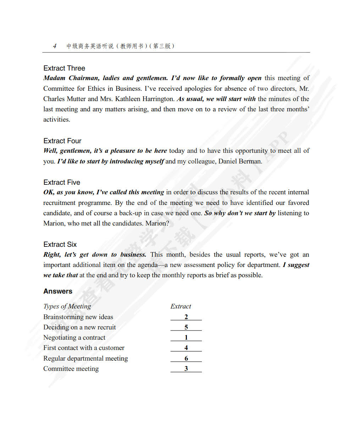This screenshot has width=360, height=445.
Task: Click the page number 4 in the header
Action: pyautogui.click(x=55, y=46)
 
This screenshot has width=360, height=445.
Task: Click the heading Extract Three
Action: pyautogui.click(x=64, y=68)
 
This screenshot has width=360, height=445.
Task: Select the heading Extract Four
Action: pyautogui.click(x=62, y=141)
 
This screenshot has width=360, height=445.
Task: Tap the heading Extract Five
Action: pyautogui.click(x=62, y=182)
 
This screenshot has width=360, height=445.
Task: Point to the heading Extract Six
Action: pyautogui.click(x=60, y=244)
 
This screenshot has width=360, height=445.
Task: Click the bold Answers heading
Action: pyautogui.click(x=58, y=291)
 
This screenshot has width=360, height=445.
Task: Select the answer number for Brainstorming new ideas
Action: pyautogui.click(x=186, y=317)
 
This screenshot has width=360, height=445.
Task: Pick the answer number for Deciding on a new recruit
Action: pyautogui.click(x=186, y=327)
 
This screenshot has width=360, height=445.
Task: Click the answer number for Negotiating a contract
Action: pyautogui.click(x=186, y=338)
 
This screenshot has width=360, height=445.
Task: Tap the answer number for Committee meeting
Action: pyautogui.click(x=186, y=369)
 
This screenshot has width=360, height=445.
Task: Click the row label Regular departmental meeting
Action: pyautogui.click(x=85, y=358)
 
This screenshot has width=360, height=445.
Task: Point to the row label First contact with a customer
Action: pyautogui.click(x=84, y=348)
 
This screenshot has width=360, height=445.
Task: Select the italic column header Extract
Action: pyautogui.click(x=181, y=306)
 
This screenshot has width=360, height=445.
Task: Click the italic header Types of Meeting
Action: pyautogui.click(x=67, y=306)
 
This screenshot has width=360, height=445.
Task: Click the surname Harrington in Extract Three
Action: pyautogui.click(x=158, y=99)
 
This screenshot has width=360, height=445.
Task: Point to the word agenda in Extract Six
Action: pyautogui.click(x=147, y=265)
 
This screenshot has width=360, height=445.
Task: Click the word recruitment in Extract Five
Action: pyautogui.click(x=59, y=203)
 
